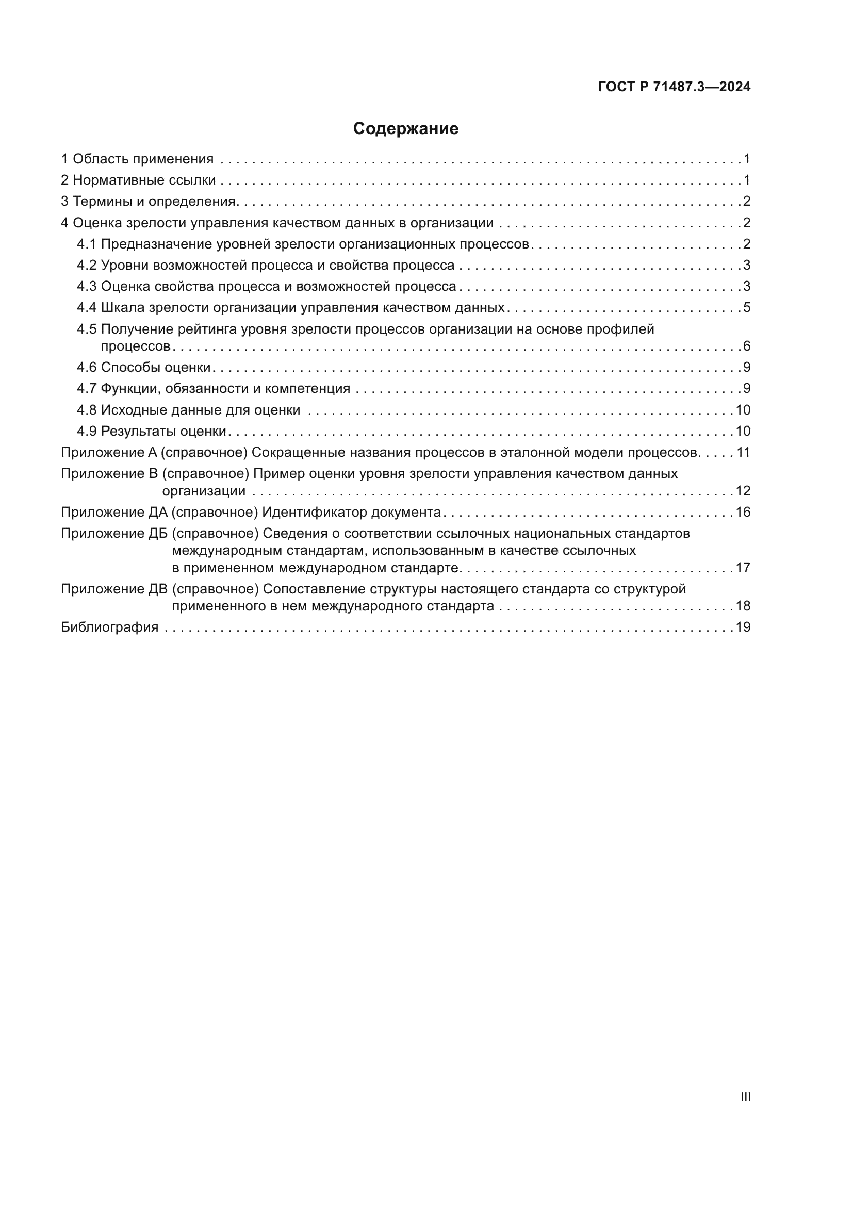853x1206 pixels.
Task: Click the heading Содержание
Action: [405, 129]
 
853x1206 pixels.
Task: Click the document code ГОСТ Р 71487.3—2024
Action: [674, 87]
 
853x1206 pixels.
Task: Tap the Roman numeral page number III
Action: [745, 1097]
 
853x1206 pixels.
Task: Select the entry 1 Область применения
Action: [137, 159]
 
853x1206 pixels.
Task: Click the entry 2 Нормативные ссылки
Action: [138, 180]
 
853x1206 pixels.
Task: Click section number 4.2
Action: [87, 265]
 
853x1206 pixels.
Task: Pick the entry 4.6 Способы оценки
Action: [144, 367]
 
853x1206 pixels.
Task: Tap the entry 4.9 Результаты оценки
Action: [151, 431]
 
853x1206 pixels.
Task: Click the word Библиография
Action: [110, 627]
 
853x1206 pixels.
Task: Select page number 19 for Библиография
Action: [743, 627]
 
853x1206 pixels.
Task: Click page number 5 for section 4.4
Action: [747, 307]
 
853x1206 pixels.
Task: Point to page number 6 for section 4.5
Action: [747, 346]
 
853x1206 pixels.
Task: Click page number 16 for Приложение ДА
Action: [743, 512]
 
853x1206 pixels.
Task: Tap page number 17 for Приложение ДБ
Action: [743, 568]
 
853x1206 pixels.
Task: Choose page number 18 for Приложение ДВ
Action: [743, 606]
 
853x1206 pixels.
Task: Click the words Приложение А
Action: [109, 452]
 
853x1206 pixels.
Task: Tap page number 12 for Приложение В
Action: [743, 491]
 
